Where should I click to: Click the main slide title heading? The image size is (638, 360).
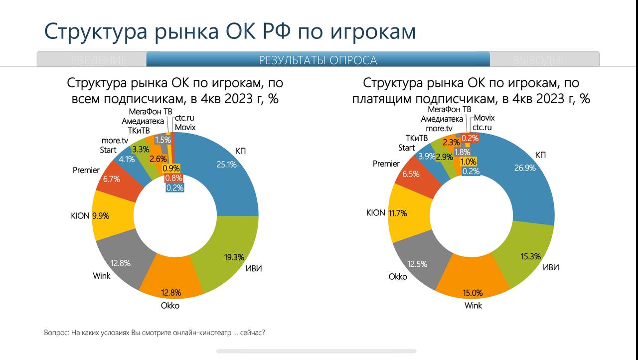pyautogui.click(x=230, y=31)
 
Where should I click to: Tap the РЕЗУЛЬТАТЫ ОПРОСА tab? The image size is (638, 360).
pyautogui.click(x=318, y=60)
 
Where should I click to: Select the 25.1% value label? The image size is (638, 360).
pyautogui.click(x=226, y=164)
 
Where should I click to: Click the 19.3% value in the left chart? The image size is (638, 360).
pyautogui.click(x=234, y=257)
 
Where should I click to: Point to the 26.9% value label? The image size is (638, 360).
pyautogui.click(x=525, y=168)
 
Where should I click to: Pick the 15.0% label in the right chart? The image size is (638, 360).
pyautogui.click(x=473, y=293)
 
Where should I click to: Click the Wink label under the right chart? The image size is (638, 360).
pyautogui.click(x=473, y=305)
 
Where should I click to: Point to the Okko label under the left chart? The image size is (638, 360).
pyautogui.click(x=170, y=306)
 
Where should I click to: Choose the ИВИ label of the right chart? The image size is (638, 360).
pyautogui.click(x=550, y=267)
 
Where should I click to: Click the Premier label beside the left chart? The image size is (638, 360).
pyautogui.click(x=86, y=170)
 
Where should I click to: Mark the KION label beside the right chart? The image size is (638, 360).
pyautogui.click(x=376, y=212)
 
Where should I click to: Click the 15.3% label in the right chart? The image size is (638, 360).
pyautogui.click(x=530, y=256)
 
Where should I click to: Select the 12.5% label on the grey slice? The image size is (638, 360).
pyautogui.click(x=417, y=264)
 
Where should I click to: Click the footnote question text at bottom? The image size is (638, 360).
pyautogui.click(x=154, y=333)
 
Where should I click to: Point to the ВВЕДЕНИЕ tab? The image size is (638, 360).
pyautogui.click(x=99, y=60)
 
